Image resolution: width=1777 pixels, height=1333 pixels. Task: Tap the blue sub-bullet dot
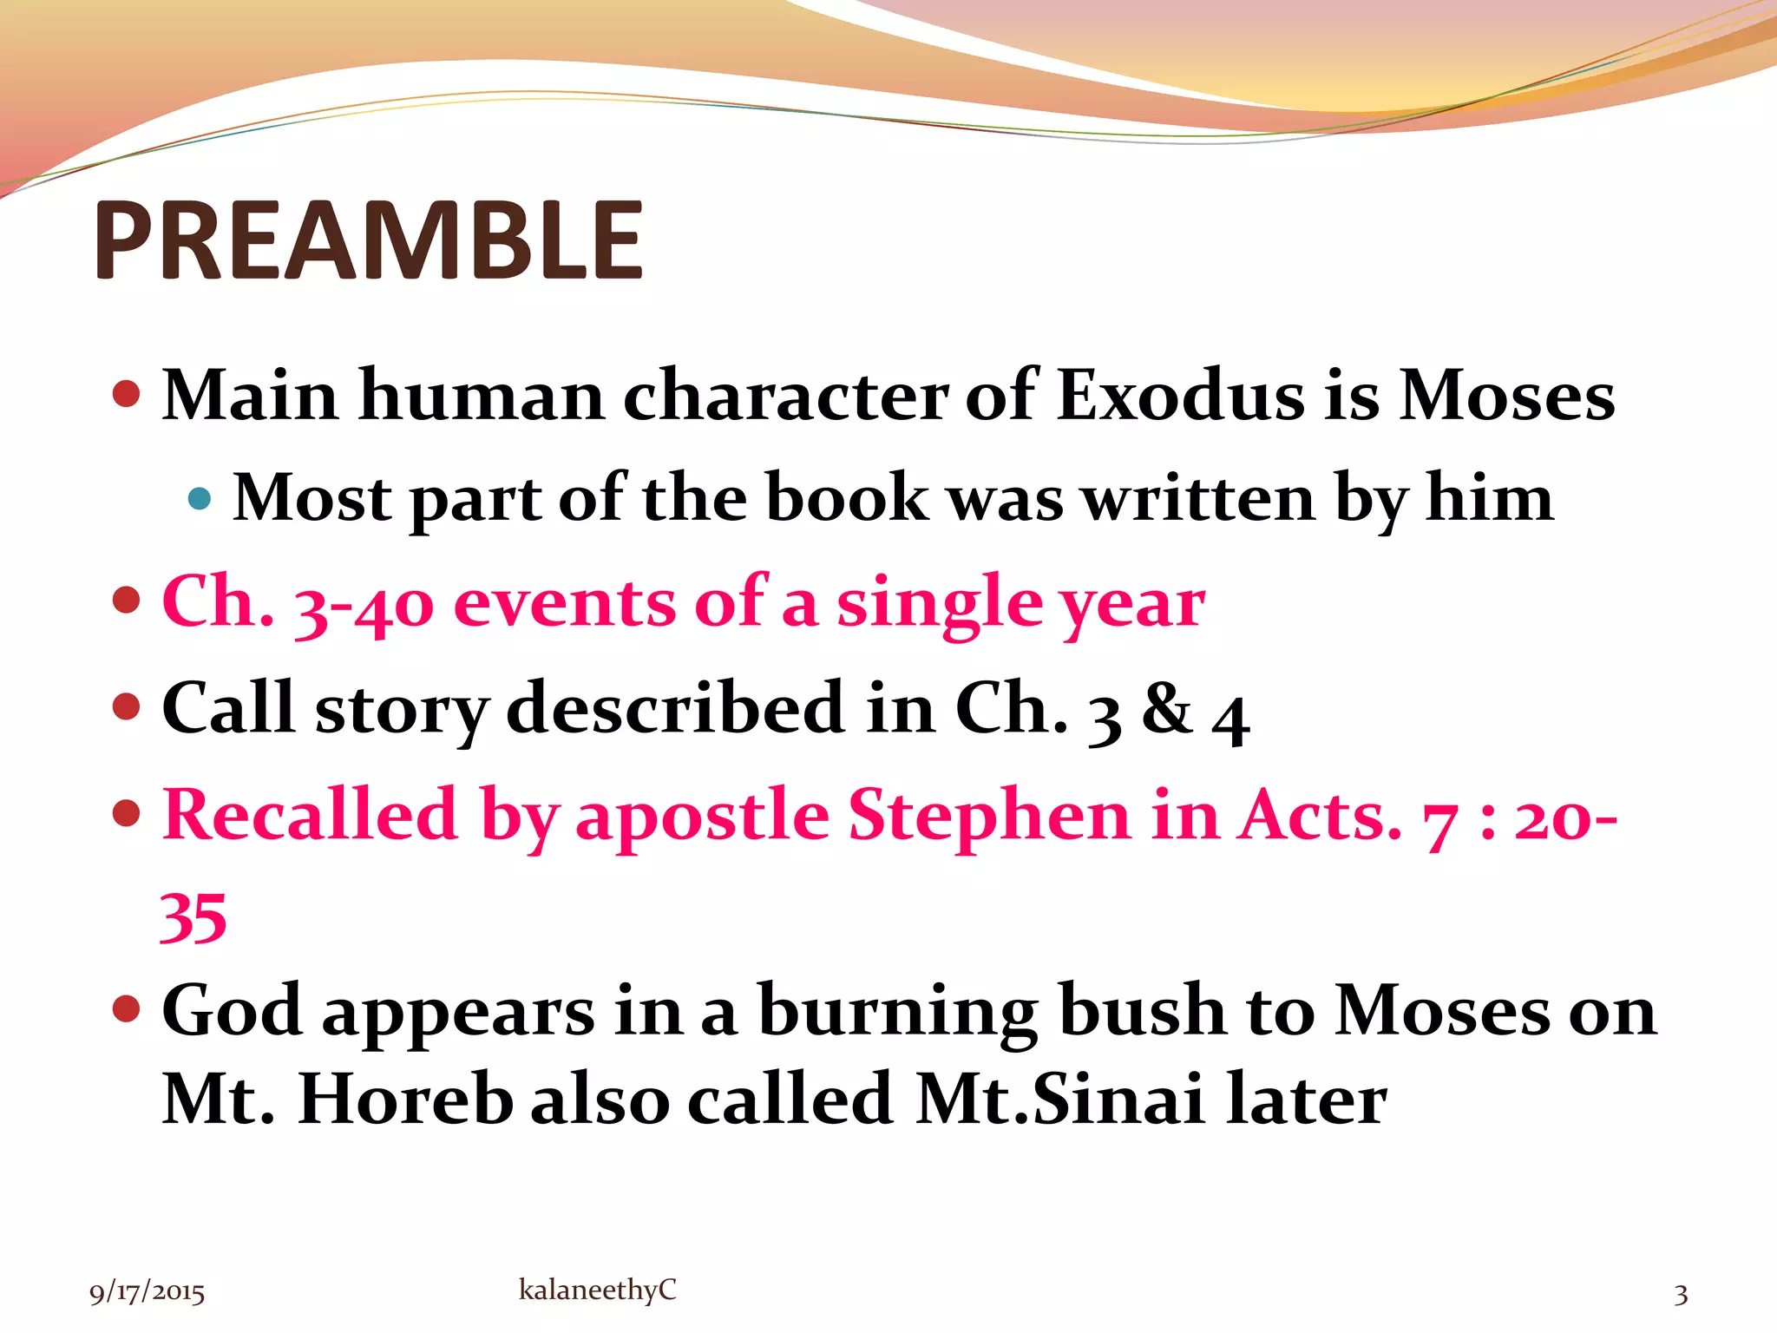click(x=200, y=498)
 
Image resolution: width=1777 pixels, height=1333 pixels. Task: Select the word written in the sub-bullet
click(x=1200, y=498)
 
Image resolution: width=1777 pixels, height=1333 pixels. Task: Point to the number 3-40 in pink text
click(x=364, y=604)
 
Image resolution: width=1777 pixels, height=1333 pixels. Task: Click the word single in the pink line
click(x=939, y=604)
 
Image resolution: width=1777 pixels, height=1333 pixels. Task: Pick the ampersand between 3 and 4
click(x=1166, y=708)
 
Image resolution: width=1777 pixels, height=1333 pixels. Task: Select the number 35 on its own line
click(x=193, y=918)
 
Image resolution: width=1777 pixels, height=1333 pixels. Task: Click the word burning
click(x=898, y=1012)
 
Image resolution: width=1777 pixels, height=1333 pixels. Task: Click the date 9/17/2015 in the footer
click(x=147, y=1293)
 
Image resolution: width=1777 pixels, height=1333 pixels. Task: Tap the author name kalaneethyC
click(x=597, y=1290)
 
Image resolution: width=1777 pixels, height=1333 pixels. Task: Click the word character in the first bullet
click(x=785, y=396)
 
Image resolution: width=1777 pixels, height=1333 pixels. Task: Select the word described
click(x=676, y=708)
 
